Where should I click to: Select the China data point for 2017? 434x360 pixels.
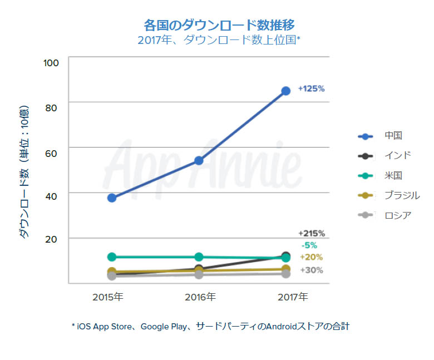coord(285,91)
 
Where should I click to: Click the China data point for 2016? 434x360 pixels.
coord(199,161)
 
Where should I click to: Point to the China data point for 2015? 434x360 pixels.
coord(112,198)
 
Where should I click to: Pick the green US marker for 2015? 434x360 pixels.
coord(112,257)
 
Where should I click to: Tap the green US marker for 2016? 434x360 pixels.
coord(199,257)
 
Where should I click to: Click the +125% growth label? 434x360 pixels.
coord(311,88)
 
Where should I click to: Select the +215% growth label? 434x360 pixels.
coord(311,234)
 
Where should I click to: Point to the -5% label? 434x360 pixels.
coord(309,245)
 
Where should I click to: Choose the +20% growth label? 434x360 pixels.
coord(311,257)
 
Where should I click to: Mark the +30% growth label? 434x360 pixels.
coord(311,270)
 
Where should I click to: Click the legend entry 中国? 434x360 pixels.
coord(393,135)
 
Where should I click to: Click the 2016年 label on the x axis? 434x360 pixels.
coord(199,297)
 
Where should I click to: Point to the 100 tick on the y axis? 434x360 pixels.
coord(51,62)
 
